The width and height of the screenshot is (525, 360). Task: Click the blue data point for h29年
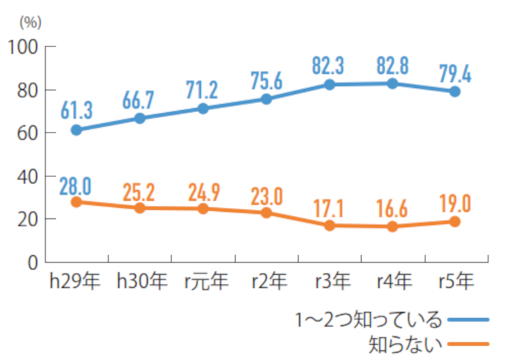point(76,130)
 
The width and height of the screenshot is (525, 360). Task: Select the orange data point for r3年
point(329,226)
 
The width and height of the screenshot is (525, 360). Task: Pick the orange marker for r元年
point(203,209)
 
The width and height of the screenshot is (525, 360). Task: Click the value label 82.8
point(392,66)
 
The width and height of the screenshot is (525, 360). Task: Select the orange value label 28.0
point(76,185)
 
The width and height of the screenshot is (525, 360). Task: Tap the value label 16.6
point(392,209)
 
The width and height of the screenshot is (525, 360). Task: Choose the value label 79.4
point(455,73)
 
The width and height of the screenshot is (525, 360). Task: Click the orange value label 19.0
point(455,204)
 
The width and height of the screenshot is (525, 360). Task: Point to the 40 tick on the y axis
point(25,176)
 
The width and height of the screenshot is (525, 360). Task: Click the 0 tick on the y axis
point(31,262)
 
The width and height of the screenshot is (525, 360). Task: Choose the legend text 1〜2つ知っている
point(368,319)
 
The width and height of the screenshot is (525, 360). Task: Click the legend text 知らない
point(403,343)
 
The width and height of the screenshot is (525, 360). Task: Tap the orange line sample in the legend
point(468,343)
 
